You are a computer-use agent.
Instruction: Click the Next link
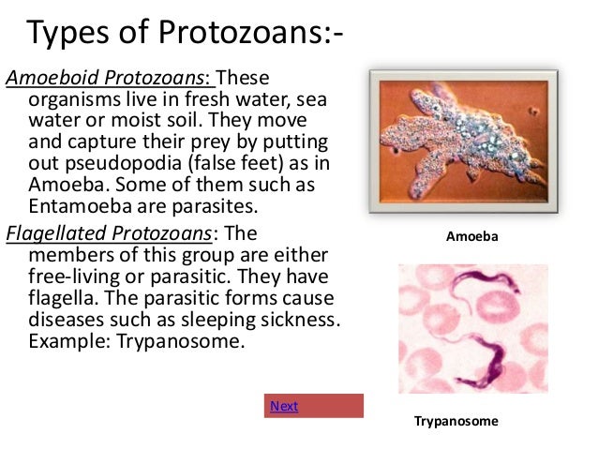[284, 406]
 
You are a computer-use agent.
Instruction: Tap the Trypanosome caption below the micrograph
[456, 422]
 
